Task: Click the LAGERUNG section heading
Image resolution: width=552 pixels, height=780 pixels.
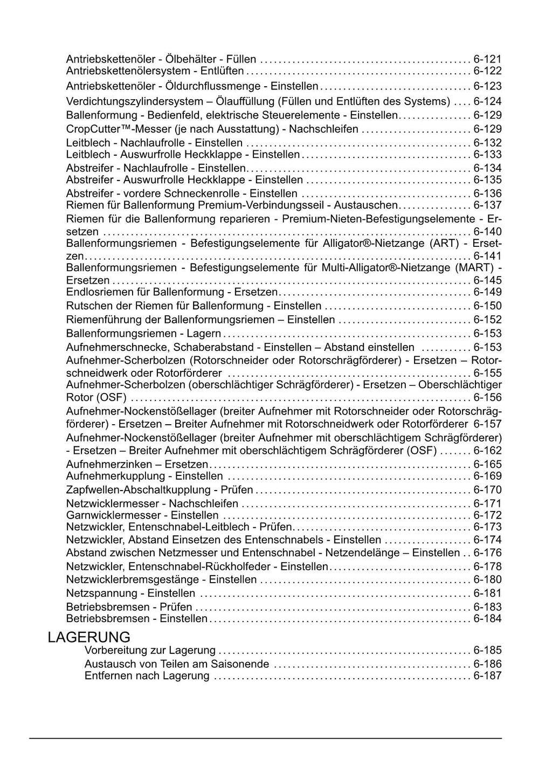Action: pyautogui.click(x=89, y=637)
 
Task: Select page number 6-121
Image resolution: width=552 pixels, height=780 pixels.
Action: pyautogui.click(x=487, y=59)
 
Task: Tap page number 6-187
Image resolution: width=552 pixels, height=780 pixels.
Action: pyautogui.click(x=487, y=675)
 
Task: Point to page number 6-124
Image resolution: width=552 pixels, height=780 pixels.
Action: pyautogui.click(x=487, y=101)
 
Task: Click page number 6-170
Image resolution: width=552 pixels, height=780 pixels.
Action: pyautogui.click(x=487, y=489)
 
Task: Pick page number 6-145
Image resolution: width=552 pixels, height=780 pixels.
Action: pyautogui.click(x=487, y=280)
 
